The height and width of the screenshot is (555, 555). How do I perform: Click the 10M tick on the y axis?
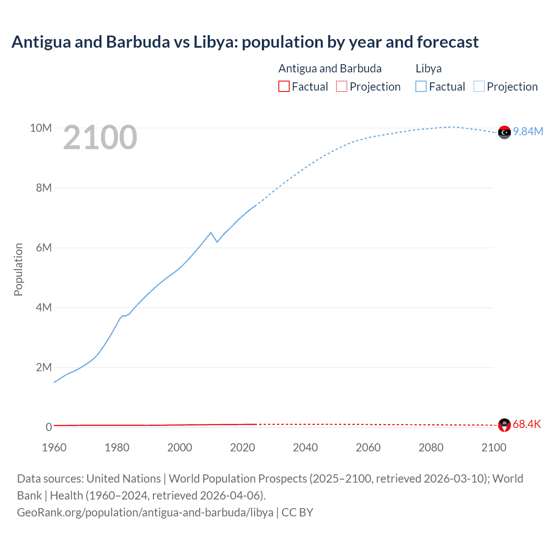pyautogui.click(x=41, y=128)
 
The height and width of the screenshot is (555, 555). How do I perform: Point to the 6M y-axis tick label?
pyautogui.click(x=44, y=248)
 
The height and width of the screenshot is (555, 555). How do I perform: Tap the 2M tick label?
pyautogui.click(x=44, y=367)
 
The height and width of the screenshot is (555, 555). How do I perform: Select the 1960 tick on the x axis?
pyautogui.click(x=54, y=447)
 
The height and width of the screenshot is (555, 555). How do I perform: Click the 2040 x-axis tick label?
pyautogui.click(x=305, y=447)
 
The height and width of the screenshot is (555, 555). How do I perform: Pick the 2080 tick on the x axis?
pyautogui.click(x=431, y=447)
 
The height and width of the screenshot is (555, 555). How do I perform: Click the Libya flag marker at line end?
pyautogui.click(x=504, y=132)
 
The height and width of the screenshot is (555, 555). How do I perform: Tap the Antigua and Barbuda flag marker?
pyautogui.click(x=504, y=425)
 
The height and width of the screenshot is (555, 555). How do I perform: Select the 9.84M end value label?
pyautogui.click(x=528, y=131)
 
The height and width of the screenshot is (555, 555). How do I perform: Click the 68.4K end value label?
pyautogui.click(x=527, y=424)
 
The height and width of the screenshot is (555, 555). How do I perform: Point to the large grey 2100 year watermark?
pyautogui.click(x=100, y=137)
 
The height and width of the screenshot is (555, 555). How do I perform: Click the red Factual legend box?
pyautogui.click(x=284, y=86)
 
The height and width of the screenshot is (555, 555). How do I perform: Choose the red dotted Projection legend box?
pyautogui.click(x=342, y=86)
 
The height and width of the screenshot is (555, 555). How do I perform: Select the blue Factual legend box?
pyautogui.click(x=421, y=86)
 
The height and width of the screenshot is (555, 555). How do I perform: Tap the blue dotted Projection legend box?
pyautogui.click(x=479, y=86)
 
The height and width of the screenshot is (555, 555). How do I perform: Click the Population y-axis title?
pyautogui.click(x=18, y=269)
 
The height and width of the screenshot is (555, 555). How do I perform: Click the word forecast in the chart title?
pyautogui.click(x=447, y=42)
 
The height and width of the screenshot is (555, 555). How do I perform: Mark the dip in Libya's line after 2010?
pyautogui.click(x=217, y=242)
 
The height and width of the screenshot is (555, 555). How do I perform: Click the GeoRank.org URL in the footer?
pyautogui.click(x=145, y=513)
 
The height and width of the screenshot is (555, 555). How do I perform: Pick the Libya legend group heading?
pyautogui.click(x=428, y=69)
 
